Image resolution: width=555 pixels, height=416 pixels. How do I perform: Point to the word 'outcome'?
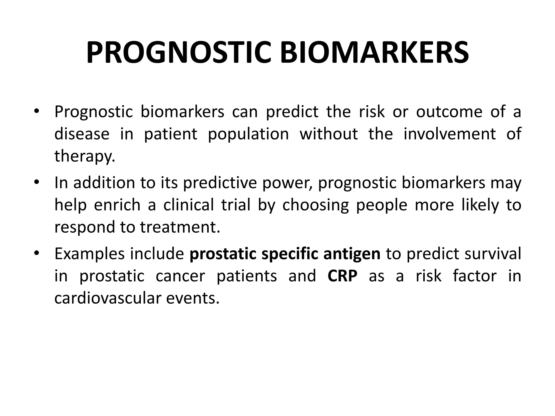pyautogui.click(x=449, y=112)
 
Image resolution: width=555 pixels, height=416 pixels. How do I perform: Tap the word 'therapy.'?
pyautogui.click(x=85, y=156)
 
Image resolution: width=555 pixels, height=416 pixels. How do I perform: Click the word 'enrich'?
pyautogui.click(x=117, y=205)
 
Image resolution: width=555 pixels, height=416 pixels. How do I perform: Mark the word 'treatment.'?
pyautogui.click(x=180, y=227)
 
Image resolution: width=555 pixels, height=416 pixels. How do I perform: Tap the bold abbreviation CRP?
pyautogui.click(x=342, y=276)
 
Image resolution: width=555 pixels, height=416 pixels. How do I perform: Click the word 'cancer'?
pyautogui.click(x=180, y=276)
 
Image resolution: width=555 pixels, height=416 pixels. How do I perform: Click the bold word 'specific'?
pyautogui.click(x=289, y=254)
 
